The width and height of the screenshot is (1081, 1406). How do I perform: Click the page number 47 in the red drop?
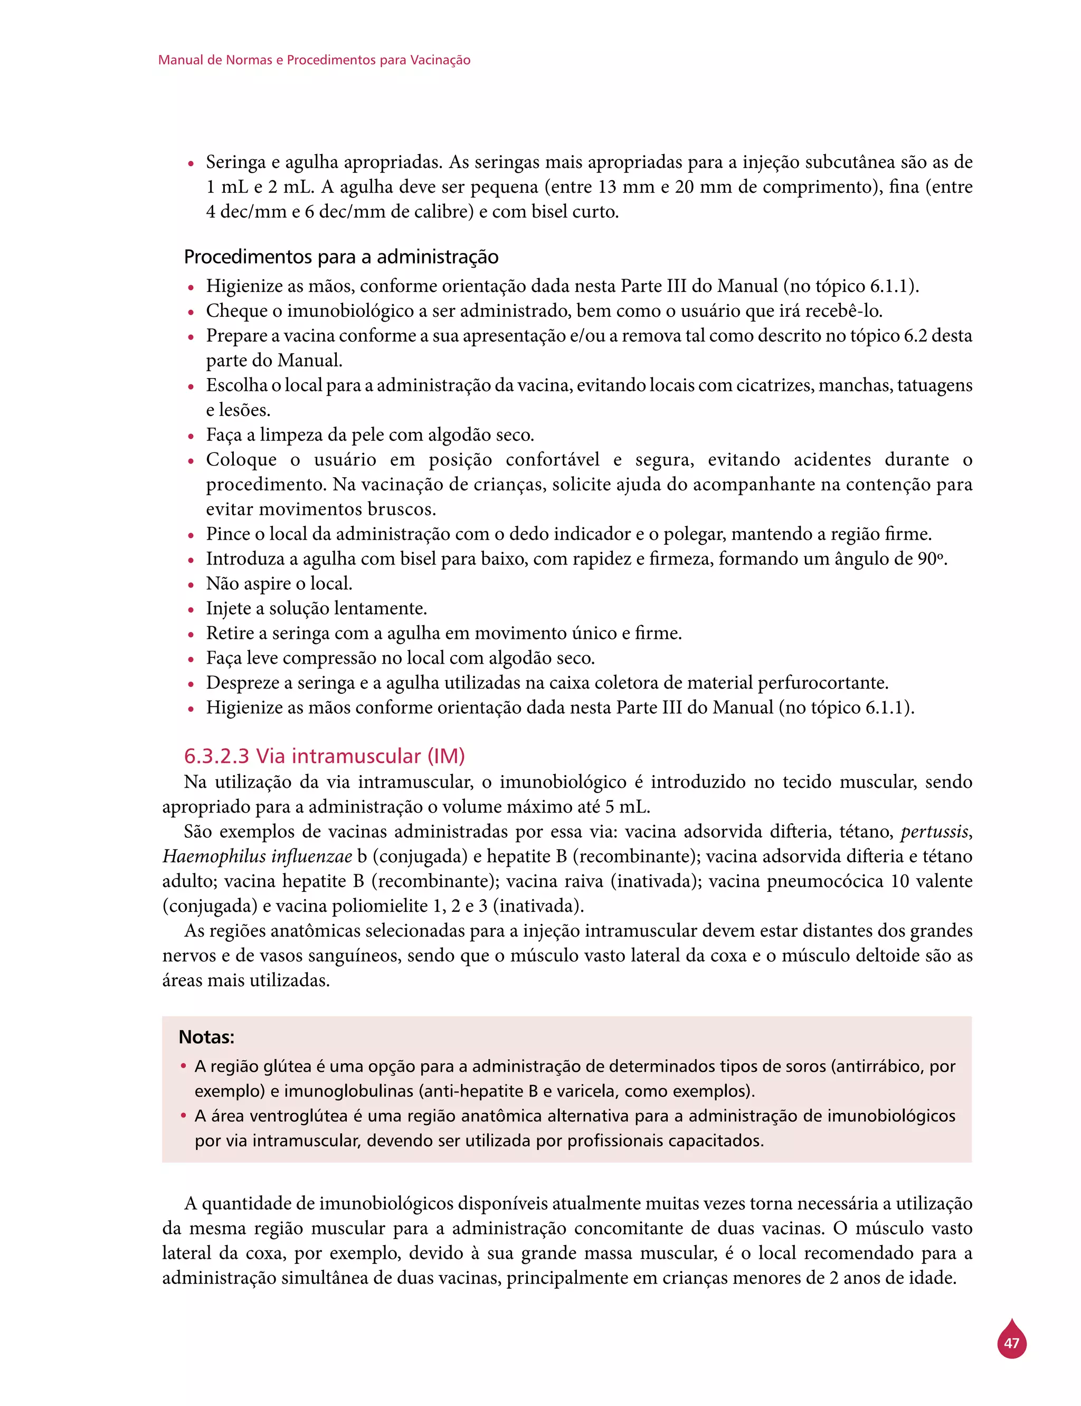click(1011, 1343)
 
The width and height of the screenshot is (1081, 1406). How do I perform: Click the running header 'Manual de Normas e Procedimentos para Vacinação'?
click(314, 61)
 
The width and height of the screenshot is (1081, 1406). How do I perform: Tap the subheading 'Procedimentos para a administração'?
click(341, 257)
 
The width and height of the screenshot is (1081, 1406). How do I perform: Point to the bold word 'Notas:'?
click(206, 1037)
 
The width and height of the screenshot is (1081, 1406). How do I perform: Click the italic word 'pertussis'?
click(934, 832)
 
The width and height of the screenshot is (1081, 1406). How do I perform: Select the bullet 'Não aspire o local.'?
click(279, 583)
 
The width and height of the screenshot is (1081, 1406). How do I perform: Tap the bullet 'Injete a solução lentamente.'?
click(316, 609)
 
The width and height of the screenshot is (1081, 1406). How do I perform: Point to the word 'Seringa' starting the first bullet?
click(235, 162)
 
